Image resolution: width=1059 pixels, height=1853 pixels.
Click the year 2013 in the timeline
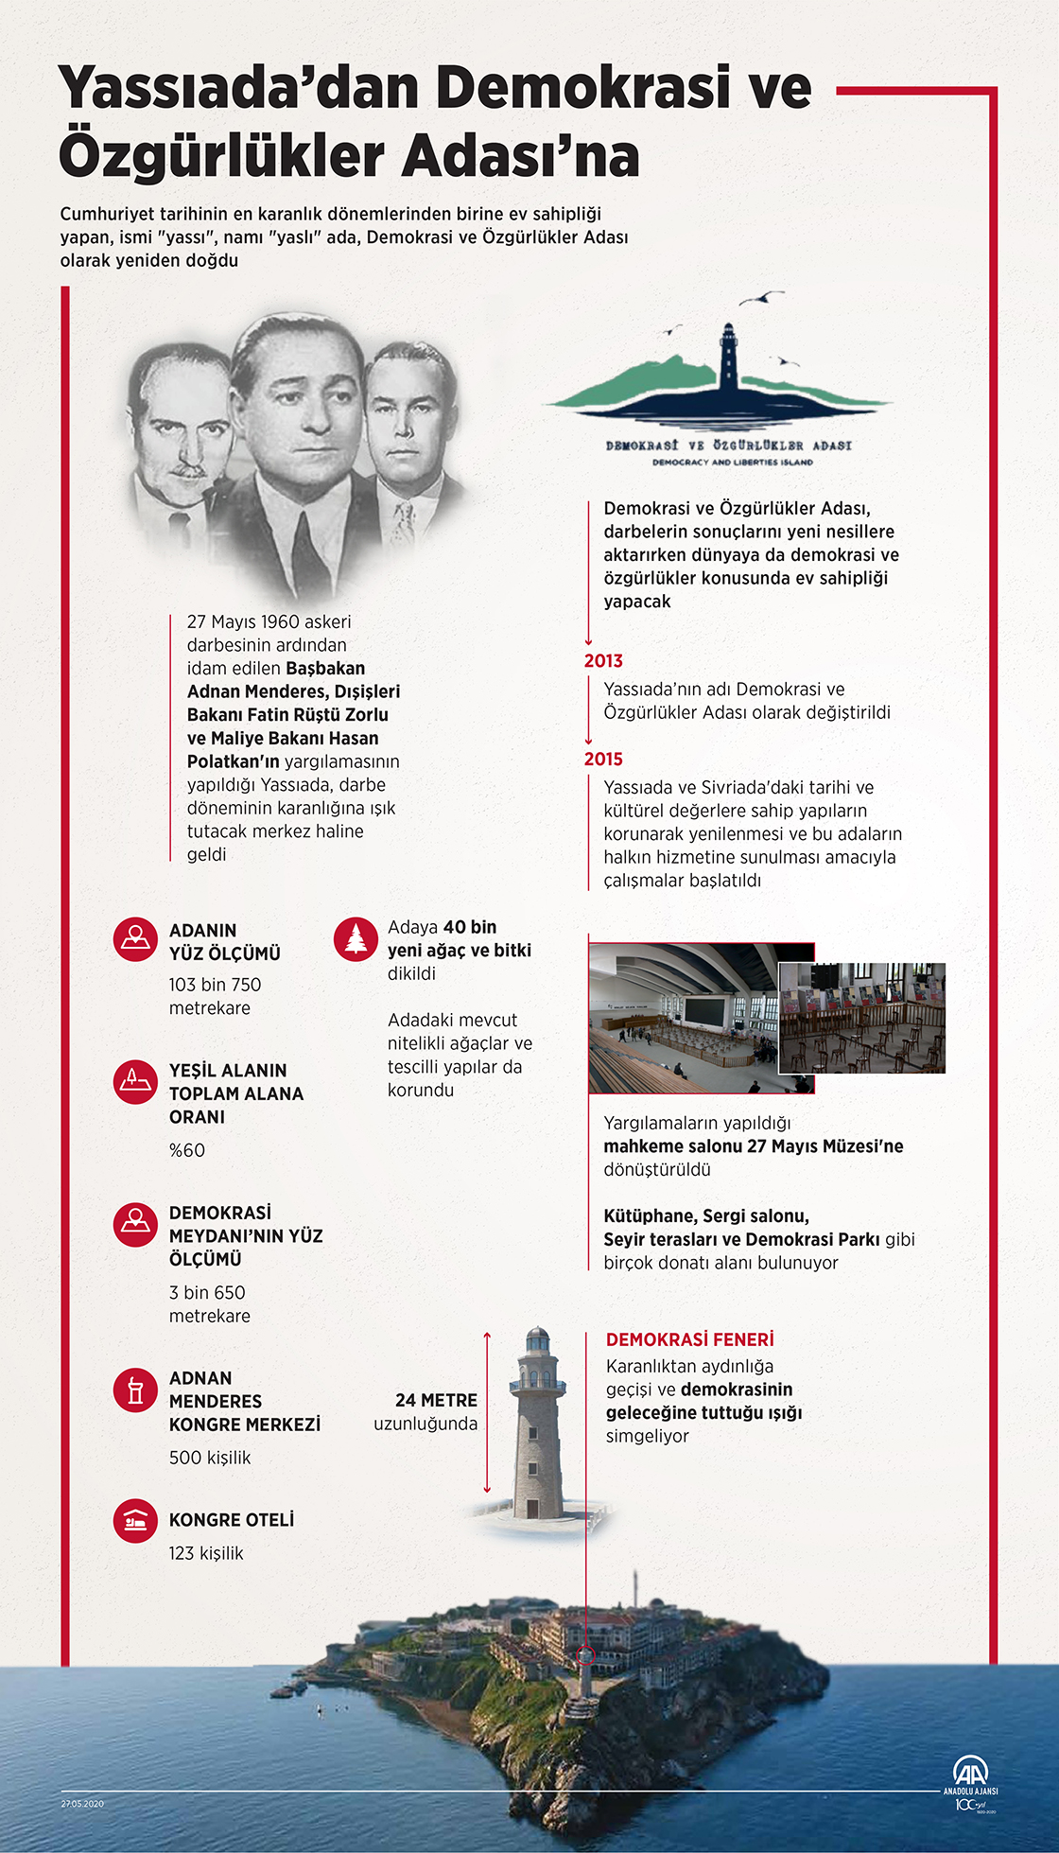603,661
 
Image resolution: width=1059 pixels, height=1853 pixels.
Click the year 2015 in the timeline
603,760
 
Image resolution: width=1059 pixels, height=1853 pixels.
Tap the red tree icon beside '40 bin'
356,939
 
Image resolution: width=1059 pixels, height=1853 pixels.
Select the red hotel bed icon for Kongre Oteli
135,1520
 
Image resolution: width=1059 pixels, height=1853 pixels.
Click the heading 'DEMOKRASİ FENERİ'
689,1339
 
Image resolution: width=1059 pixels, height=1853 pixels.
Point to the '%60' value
187,1150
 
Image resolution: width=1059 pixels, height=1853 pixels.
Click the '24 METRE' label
436,1400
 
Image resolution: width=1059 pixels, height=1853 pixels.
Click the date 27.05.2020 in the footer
82,1804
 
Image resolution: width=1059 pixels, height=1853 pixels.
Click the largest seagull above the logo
760,298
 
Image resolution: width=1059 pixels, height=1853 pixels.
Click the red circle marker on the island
585,1654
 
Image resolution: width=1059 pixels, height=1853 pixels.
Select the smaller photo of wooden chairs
861,1018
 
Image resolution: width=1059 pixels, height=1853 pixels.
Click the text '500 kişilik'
210,1458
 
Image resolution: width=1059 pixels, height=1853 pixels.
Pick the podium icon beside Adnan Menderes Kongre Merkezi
135,1390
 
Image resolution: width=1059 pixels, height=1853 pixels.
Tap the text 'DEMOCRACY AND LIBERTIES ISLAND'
732,463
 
